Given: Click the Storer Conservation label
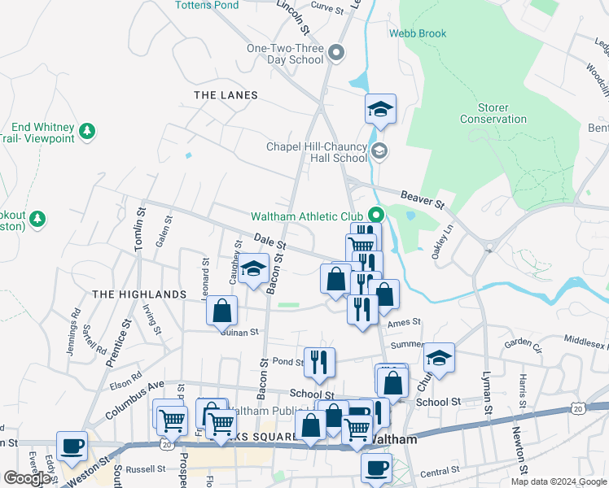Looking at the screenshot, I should [x=493, y=113].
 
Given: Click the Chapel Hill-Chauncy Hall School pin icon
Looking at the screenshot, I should [x=379, y=152].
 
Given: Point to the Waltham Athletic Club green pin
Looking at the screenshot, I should [x=376, y=216].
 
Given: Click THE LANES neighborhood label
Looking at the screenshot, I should [x=226, y=95].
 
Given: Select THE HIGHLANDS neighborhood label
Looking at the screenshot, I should [x=139, y=294].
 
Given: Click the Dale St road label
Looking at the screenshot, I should [x=270, y=242].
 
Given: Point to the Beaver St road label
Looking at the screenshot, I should [x=422, y=198].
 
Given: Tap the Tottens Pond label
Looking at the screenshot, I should [x=207, y=5].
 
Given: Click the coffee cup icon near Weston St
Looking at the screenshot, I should [x=72, y=446].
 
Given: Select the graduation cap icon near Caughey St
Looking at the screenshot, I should [x=254, y=269].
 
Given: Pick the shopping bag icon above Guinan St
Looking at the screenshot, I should [x=222, y=310].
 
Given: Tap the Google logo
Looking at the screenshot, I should [x=28, y=478].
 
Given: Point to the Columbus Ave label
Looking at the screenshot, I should [x=135, y=399].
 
